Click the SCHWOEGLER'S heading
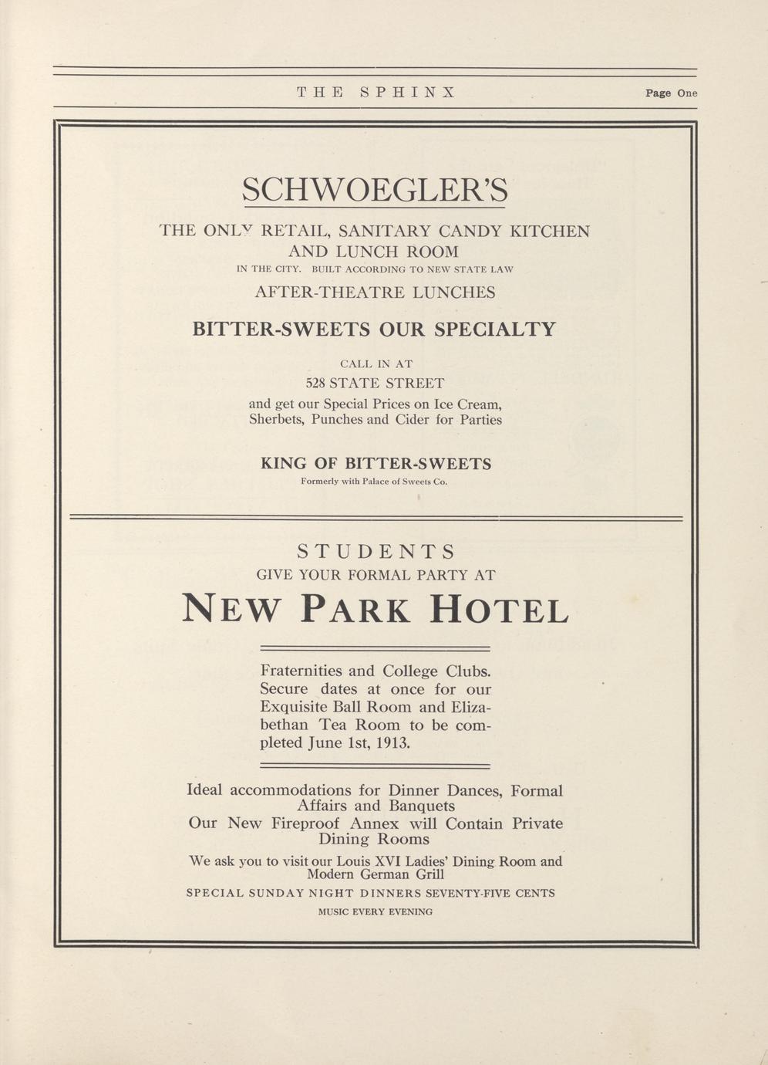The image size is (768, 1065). pyautogui.click(x=375, y=190)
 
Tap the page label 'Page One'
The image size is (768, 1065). pyautogui.click(x=671, y=93)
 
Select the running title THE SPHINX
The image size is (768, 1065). pyautogui.click(x=376, y=93)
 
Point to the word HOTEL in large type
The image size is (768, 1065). pyautogui.click(x=499, y=609)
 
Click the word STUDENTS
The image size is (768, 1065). pyautogui.click(x=376, y=552)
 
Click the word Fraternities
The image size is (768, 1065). pyautogui.click(x=302, y=671)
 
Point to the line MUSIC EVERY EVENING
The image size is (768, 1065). pyautogui.click(x=376, y=912)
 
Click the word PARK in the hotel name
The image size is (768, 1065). pyautogui.click(x=355, y=609)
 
